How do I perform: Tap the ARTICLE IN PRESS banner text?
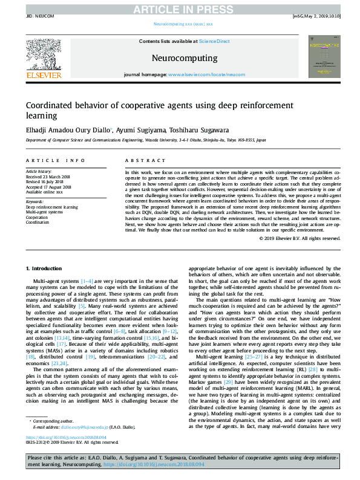pos(180,8)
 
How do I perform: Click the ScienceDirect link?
pos(215,41)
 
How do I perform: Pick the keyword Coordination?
pos(38,221)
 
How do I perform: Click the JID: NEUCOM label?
pos(37,17)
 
